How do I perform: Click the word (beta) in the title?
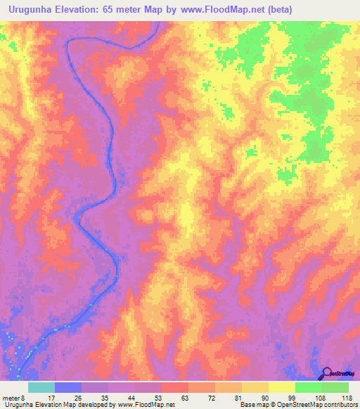pyautogui.click(x=278, y=10)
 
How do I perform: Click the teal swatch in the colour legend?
pyautogui.click(x=41, y=387)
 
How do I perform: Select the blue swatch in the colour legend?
pyautogui.click(x=68, y=387)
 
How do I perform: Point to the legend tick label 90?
pyautogui.click(x=264, y=397)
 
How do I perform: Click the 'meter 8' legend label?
pyautogui.click(x=13, y=397)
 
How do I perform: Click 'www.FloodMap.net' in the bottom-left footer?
pyautogui.click(x=146, y=405)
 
